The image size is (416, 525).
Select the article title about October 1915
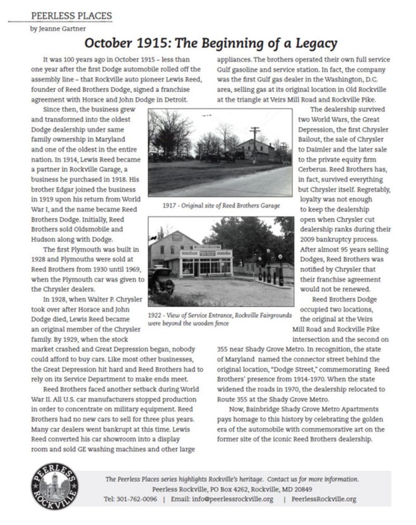[x=210, y=44]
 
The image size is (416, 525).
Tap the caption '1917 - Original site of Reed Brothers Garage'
[x=221, y=205]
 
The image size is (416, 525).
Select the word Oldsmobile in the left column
[x=110, y=229]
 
